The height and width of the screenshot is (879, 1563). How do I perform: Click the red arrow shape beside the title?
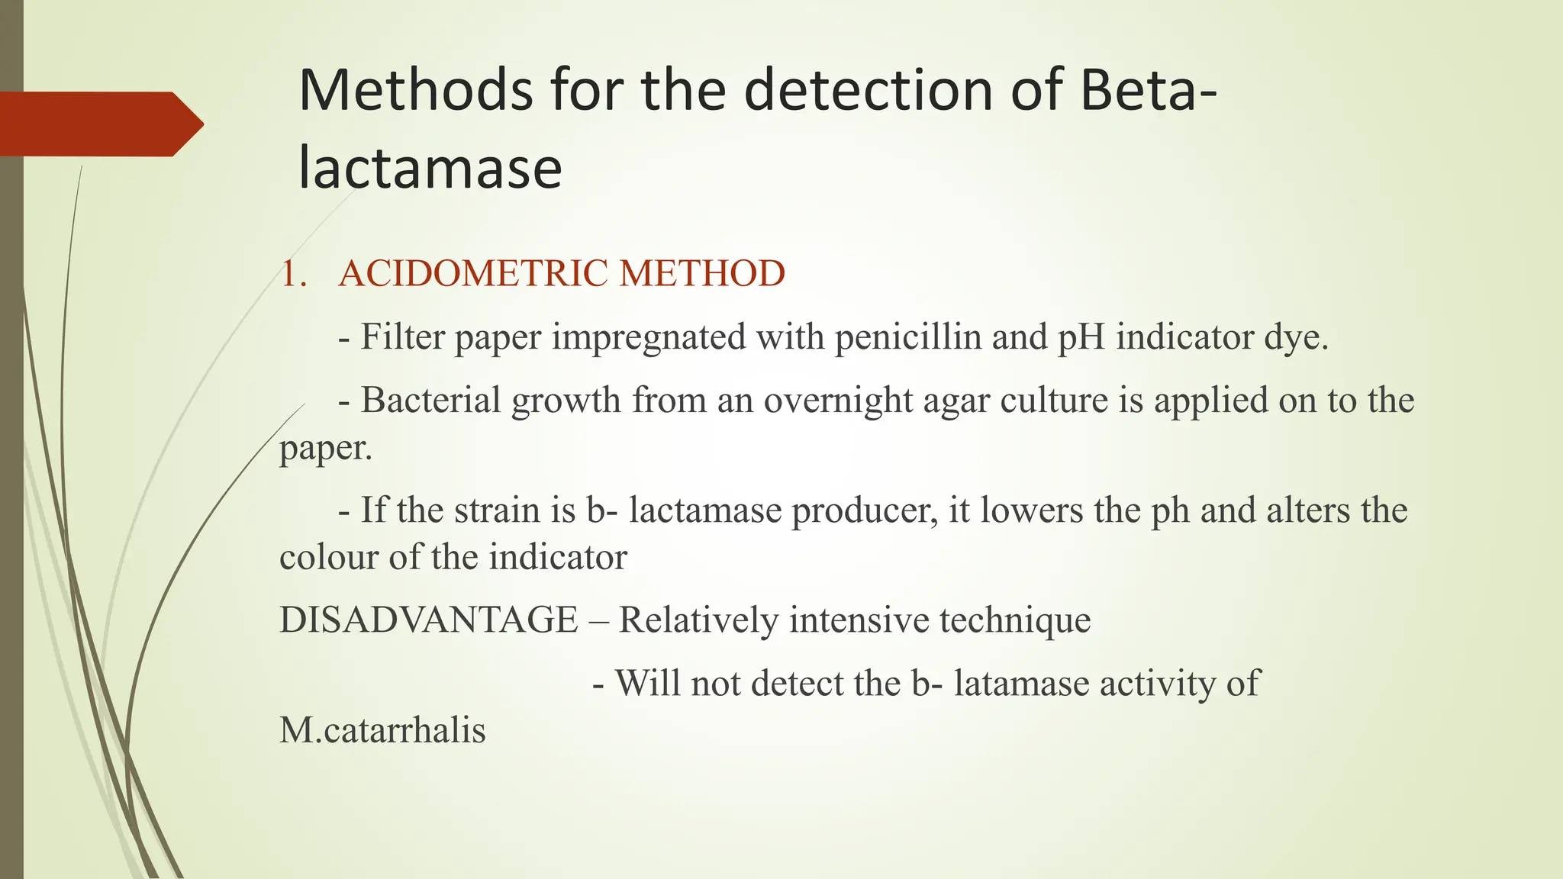(99, 124)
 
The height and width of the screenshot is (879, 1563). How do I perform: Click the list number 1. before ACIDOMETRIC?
(294, 274)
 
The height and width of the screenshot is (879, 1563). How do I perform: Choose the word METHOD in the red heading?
(702, 273)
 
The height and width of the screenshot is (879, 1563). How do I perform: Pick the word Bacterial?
(430, 400)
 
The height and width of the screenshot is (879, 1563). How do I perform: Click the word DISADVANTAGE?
(429, 620)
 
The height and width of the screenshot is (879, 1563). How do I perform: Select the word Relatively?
(698, 620)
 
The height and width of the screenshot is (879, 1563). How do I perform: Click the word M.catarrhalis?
(382, 730)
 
